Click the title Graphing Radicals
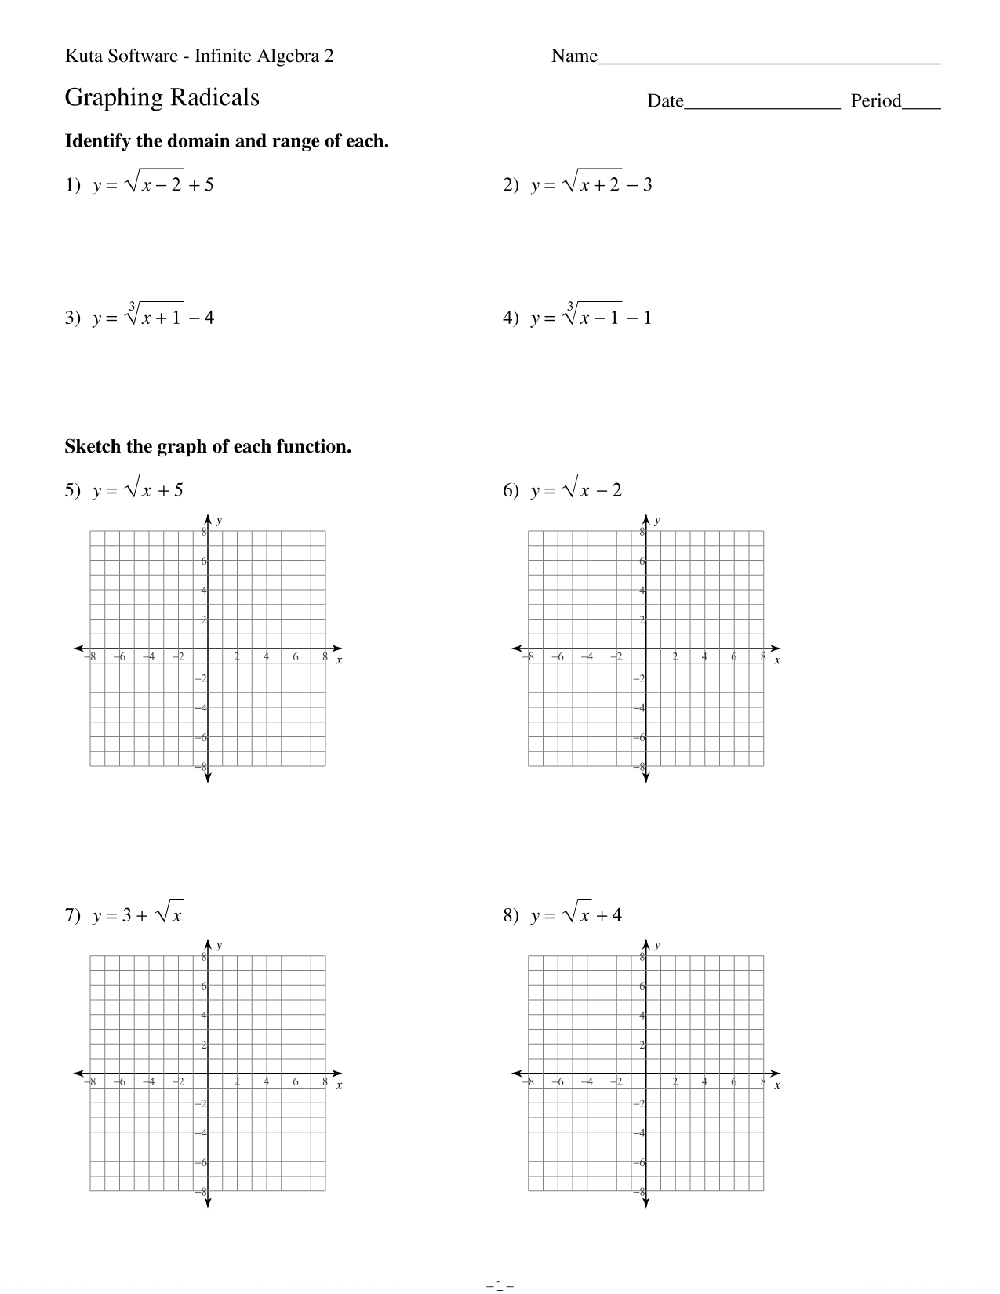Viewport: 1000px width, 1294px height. tap(162, 98)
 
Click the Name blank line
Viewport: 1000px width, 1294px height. tap(769, 60)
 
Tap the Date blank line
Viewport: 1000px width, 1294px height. tap(762, 106)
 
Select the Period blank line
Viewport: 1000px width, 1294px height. tap(921, 106)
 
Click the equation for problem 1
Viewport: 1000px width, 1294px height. tap(153, 184)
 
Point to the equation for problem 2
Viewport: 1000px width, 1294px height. tap(591, 184)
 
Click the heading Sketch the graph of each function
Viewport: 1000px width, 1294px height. tap(207, 447)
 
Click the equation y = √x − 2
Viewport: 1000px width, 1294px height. tap(576, 490)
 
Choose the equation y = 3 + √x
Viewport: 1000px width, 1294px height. tap(138, 914)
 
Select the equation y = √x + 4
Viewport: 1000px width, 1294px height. tap(576, 914)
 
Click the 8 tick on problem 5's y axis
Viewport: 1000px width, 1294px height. tap(203, 532)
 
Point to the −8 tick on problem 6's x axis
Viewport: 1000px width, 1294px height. tap(529, 657)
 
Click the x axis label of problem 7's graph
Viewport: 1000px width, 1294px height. tap(339, 1086)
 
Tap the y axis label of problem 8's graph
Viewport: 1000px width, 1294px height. tap(656, 946)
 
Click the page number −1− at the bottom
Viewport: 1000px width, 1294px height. tap(500, 1286)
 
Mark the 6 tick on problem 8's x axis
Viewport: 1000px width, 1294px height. tap(733, 1082)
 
